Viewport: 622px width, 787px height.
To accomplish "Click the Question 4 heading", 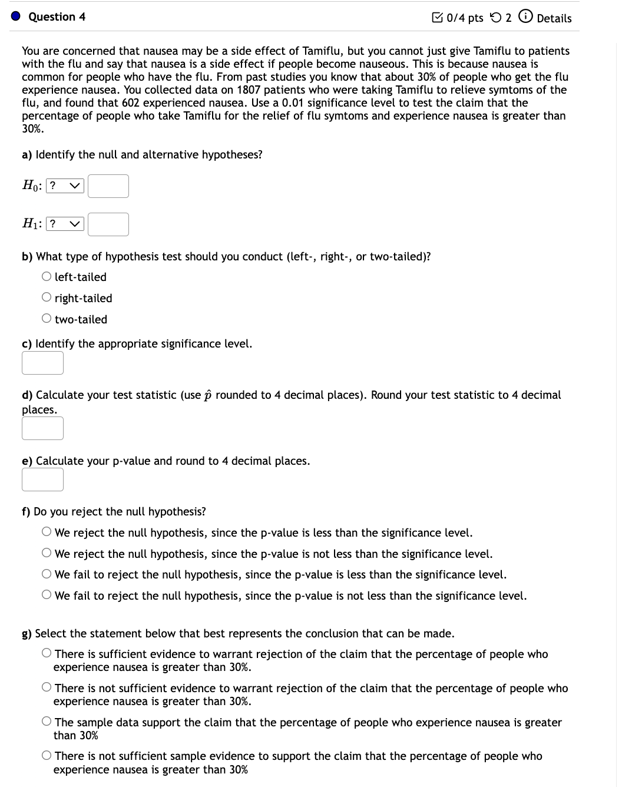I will click(x=57, y=17).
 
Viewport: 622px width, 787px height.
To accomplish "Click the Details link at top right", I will click(x=554, y=18).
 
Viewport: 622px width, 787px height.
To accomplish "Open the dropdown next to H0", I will click(x=65, y=186).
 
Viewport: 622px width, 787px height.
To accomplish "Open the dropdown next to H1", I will click(x=65, y=224).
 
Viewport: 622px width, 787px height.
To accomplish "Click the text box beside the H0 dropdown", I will click(x=108, y=186).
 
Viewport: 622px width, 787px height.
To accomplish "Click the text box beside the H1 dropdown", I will click(x=108, y=224).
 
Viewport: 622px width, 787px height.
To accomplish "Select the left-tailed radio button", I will click(x=47, y=277).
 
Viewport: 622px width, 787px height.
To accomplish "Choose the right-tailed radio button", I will click(x=47, y=298).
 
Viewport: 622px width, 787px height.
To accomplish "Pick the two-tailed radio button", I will click(x=47, y=319).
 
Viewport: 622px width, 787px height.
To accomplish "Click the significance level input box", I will click(x=42, y=363).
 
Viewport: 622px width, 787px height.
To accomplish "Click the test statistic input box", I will click(x=42, y=428).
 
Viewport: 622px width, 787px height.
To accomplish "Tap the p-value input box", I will click(x=42, y=480).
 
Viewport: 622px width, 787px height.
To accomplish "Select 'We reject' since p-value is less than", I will click(x=47, y=533).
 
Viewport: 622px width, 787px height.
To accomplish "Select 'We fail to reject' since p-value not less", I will click(x=47, y=596).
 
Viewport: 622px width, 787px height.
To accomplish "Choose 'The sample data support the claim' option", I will click(x=47, y=722).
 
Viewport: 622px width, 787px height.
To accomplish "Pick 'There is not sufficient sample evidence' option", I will click(x=47, y=756).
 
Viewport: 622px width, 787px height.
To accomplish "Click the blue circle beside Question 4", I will click(x=16, y=16).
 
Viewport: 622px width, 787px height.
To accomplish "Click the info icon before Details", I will click(x=524, y=18).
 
